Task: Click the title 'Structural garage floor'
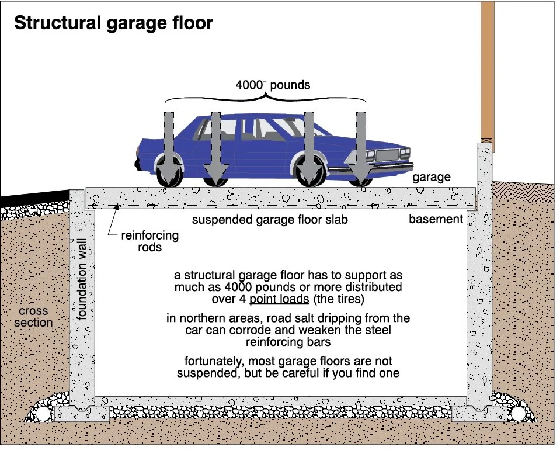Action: [113, 23]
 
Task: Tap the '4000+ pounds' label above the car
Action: [273, 85]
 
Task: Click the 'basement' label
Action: [436, 220]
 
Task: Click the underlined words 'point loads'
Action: [279, 299]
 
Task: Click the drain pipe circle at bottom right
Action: [518, 414]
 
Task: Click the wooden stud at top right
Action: [486, 70]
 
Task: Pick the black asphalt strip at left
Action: [29, 198]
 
